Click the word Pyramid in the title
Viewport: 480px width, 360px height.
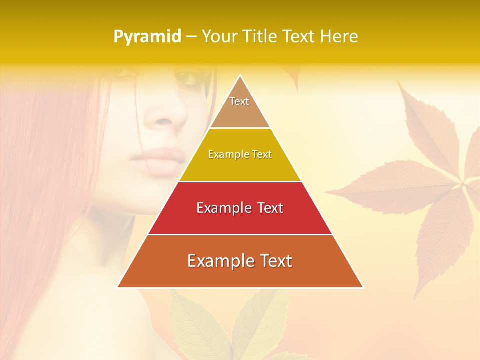147,37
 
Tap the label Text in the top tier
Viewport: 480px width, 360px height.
239,101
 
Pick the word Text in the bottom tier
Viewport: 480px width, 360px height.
275,261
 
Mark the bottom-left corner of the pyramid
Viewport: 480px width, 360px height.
118,287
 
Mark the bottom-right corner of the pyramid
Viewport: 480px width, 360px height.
363,287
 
